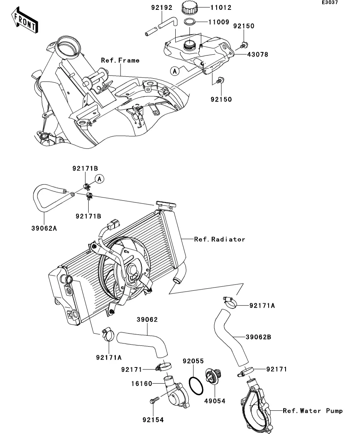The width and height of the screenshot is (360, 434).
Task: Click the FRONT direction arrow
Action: (x=24, y=22)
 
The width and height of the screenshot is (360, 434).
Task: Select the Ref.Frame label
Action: (x=120, y=60)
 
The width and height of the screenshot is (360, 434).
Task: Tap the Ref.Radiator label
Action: (x=219, y=239)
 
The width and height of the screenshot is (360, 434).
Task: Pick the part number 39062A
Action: (x=45, y=227)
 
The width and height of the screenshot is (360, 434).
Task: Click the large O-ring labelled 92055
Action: (x=196, y=384)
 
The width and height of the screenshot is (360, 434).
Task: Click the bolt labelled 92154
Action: (x=153, y=401)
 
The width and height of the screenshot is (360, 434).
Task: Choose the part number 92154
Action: (x=153, y=420)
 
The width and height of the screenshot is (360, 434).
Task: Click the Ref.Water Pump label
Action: (x=313, y=411)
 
